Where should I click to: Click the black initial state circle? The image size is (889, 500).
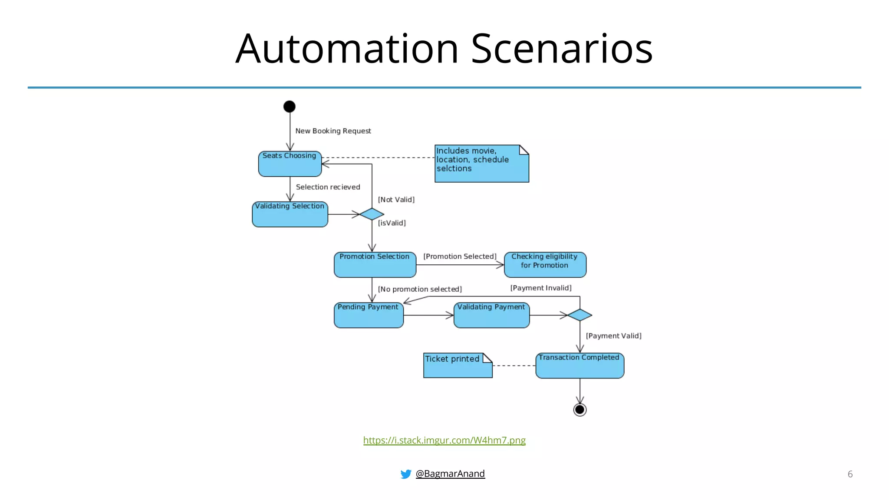(x=290, y=106)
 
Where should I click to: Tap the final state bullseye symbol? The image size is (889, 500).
(x=579, y=410)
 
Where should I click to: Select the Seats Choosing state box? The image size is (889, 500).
(x=290, y=164)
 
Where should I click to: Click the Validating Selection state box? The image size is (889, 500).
(x=290, y=214)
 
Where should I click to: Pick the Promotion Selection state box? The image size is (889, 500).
(x=375, y=264)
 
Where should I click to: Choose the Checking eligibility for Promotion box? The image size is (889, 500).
(x=545, y=264)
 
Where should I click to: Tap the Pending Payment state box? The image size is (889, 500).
(x=369, y=315)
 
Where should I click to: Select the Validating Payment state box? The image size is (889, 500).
(x=491, y=315)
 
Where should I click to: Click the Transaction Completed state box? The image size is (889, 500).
(x=579, y=365)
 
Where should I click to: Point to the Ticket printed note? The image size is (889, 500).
(x=458, y=365)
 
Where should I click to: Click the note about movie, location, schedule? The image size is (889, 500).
(x=481, y=164)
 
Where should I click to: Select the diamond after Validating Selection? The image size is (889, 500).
(x=372, y=214)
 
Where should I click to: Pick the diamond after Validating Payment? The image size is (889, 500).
(x=579, y=315)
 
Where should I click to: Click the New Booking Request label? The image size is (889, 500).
(x=333, y=131)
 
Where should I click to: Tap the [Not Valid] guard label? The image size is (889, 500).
(x=396, y=200)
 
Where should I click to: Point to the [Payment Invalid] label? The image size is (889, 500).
(x=540, y=288)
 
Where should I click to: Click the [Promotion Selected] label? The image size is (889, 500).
(x=460, y=257)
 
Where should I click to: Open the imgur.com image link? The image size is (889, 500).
(x=444, y=440)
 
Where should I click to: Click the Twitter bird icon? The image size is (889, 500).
(x=405, y=474)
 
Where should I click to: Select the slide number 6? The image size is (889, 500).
(x=849, y=474)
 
